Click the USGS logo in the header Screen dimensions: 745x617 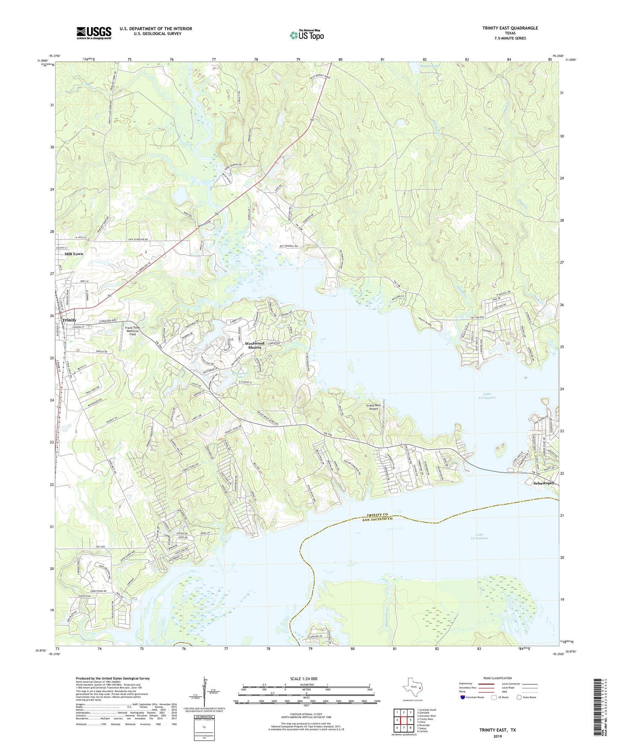94,33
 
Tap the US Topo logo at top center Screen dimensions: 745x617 307,35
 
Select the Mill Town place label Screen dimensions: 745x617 73,254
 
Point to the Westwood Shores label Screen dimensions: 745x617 254,345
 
